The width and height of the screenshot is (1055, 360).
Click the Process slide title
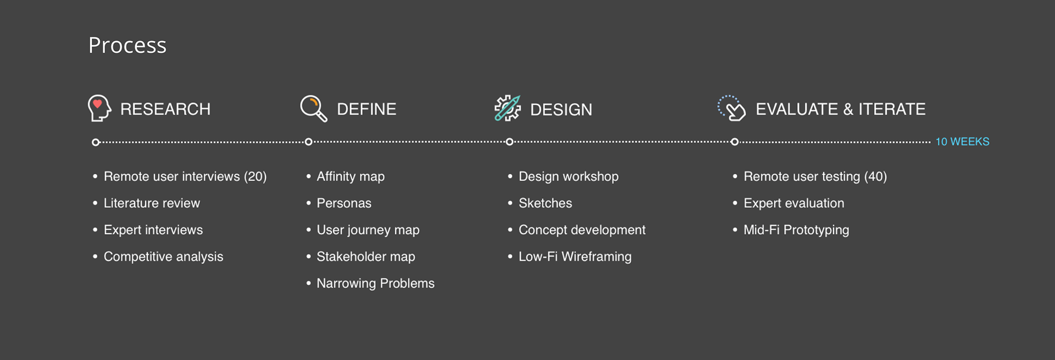point(127,46)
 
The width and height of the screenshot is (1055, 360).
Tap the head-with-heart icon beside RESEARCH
point(99,108)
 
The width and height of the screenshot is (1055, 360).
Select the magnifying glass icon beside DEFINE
point(314,108)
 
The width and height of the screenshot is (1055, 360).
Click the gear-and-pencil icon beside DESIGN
point(507,108)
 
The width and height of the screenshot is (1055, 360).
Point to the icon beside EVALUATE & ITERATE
point(731,108)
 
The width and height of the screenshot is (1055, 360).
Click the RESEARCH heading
point(165,109)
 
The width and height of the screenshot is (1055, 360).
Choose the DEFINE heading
point(367,109)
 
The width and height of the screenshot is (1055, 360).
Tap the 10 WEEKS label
point(963,142)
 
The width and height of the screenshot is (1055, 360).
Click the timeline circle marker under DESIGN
point(509,142)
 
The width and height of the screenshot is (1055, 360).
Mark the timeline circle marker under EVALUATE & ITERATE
point(735,142)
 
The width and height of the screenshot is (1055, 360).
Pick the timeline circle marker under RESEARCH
point(96,142)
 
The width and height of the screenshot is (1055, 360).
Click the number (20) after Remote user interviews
point(255,176)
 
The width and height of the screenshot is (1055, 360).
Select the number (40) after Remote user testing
point(875,176)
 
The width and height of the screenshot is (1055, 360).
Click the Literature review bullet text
point(152,203)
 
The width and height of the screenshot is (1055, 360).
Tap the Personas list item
point(344,203)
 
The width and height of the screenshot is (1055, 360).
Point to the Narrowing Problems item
point(375,284)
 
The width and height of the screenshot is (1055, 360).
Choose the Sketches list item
point(545,203)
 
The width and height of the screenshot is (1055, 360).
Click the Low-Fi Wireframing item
point(575,257)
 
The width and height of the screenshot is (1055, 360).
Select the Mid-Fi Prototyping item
point(796,230)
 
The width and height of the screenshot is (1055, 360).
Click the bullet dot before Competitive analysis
point(95,256)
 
